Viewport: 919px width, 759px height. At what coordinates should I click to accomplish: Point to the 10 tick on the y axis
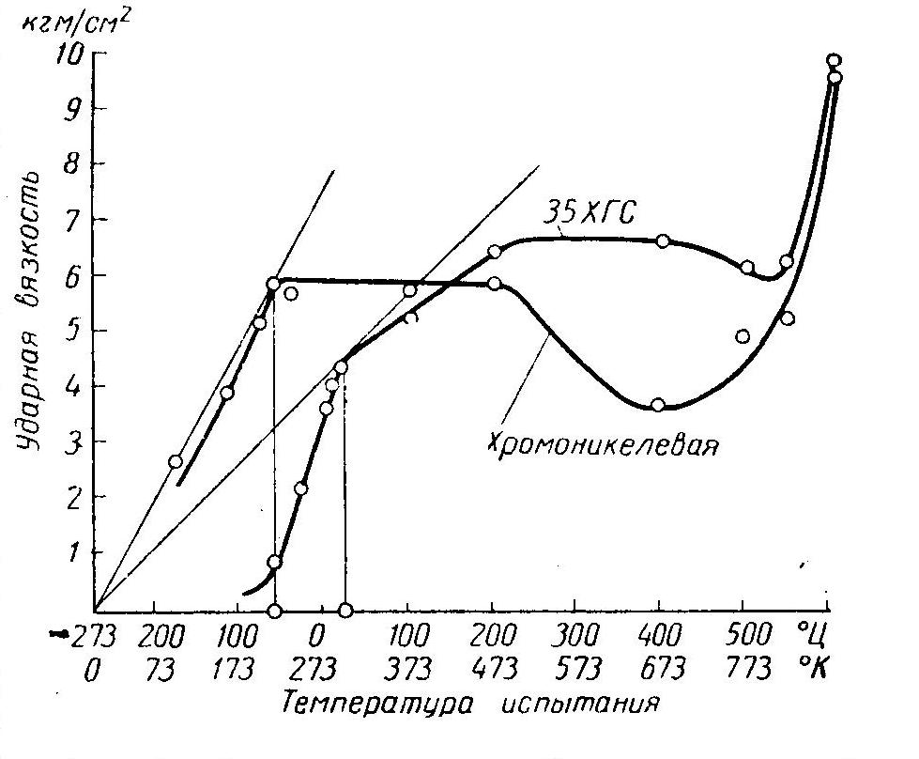tap(73, 53)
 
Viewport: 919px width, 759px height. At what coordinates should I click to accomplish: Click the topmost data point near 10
tap(833, 61)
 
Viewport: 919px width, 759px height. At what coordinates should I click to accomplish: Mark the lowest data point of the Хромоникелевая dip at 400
tap(657, 405)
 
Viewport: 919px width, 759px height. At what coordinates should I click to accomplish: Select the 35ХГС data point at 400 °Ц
tap(663, 241)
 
